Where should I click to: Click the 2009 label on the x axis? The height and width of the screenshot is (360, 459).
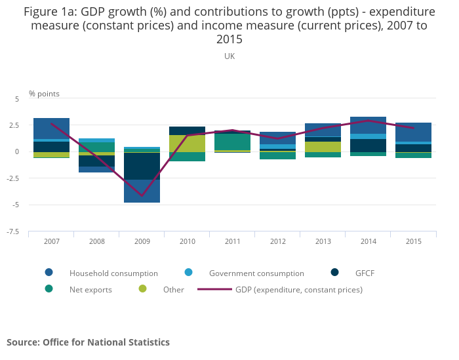click(142, 242)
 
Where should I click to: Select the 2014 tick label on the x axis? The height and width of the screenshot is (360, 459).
click(369, 242)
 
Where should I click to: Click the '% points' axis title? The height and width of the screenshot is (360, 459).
click(44, 94)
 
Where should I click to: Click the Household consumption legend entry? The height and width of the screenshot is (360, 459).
click(113, 273)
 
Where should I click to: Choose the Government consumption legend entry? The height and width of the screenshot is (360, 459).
click(256, 273)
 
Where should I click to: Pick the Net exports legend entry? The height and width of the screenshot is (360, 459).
click(90, 289)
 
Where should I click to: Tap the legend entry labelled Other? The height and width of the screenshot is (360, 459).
click(173, 289)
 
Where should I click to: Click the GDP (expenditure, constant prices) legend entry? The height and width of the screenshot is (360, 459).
click(298, 289)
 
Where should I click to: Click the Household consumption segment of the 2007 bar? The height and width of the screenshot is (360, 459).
click(52, 129)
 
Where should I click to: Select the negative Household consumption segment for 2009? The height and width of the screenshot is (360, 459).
click(142, 191)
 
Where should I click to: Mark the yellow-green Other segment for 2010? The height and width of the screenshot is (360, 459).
click(188, 144)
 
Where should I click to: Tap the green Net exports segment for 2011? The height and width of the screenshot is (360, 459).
click(233, 142)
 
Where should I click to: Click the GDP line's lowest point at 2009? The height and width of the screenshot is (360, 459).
click(142, 195)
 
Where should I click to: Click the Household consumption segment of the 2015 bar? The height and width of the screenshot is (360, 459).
click(414, 132)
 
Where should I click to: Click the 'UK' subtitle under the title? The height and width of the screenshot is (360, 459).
click(229, 56)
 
